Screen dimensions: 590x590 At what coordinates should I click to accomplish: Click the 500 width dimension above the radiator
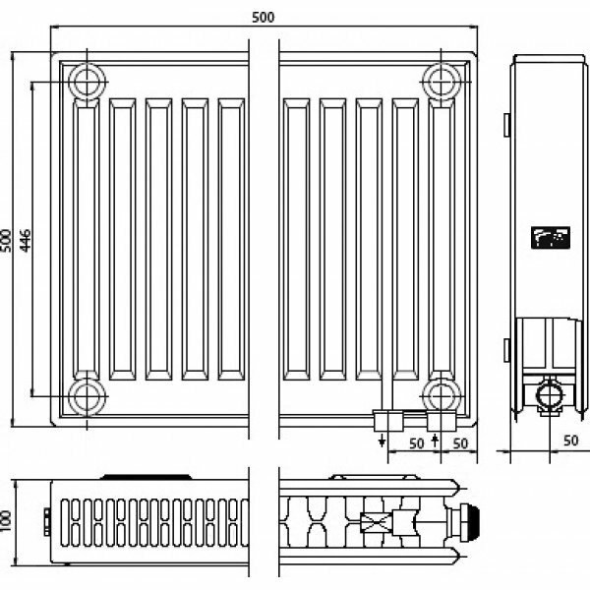[x=264, y=17]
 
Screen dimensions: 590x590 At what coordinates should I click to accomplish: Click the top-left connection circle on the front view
[x=87, y=81]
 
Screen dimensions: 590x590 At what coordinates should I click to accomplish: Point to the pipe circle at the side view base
[x=547, y=396]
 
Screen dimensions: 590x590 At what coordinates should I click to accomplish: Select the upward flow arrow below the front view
[x=435, y=440]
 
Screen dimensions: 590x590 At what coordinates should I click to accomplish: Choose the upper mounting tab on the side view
[x=504, y=126]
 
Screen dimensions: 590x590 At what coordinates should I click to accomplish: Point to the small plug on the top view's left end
[x=46, y=515]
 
